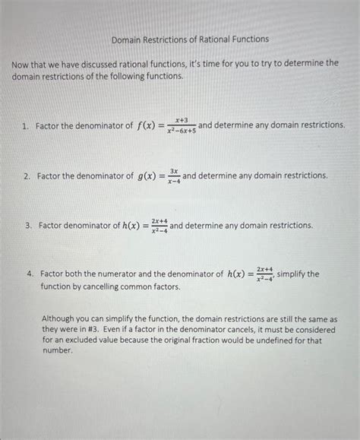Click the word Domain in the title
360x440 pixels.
tap(127, 38)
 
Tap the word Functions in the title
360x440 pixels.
tap(249, 38)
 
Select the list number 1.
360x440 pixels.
tap(26, 125)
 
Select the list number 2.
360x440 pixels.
tap(26, 176)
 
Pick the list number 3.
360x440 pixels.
tap(27, 226)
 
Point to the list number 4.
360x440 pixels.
tap(27, 274)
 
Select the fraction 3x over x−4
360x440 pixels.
tap(173, 176)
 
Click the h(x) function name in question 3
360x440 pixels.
tap(134, 226)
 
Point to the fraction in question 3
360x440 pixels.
tap(159, 226)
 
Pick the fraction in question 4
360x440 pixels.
tap(264, 274)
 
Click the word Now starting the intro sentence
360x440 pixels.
tap(20, 64)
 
